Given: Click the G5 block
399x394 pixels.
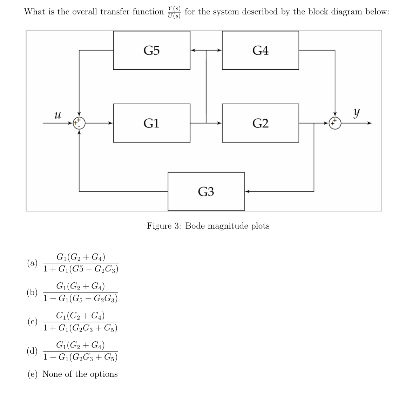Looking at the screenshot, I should tap(151, 50).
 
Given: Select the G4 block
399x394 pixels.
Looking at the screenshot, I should tap(260, 50).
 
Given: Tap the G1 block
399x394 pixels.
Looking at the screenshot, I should tap(151, 123).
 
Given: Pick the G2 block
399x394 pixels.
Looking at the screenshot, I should tap(260, 123).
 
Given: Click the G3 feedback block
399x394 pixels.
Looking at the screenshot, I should tap(206, 191).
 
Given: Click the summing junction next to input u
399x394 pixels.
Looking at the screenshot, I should tap(79, 123).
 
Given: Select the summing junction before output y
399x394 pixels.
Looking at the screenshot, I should tap(335, 123).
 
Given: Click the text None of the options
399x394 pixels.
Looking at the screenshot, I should tap(80, 374).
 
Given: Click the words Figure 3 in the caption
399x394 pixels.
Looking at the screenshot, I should tap(163, 226).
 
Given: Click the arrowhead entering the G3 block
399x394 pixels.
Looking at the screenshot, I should tap(247, 191).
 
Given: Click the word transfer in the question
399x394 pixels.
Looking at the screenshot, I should tap(115, 12).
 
